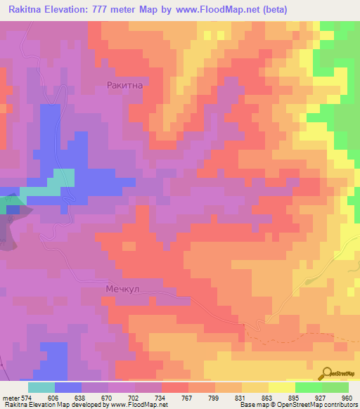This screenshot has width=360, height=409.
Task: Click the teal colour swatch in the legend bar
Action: click(41, 387)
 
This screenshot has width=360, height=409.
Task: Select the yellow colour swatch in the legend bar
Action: click(281, 387)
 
